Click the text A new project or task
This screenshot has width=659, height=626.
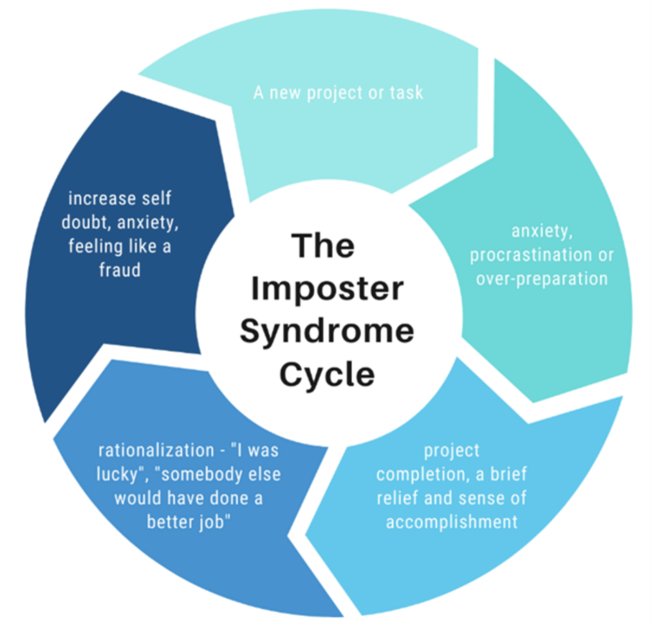(x=338, y=93)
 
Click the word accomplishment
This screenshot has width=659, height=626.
(x=451, y=521)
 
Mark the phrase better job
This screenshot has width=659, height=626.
(x=188, y=521)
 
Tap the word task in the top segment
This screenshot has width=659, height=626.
(x=407, y=93)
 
